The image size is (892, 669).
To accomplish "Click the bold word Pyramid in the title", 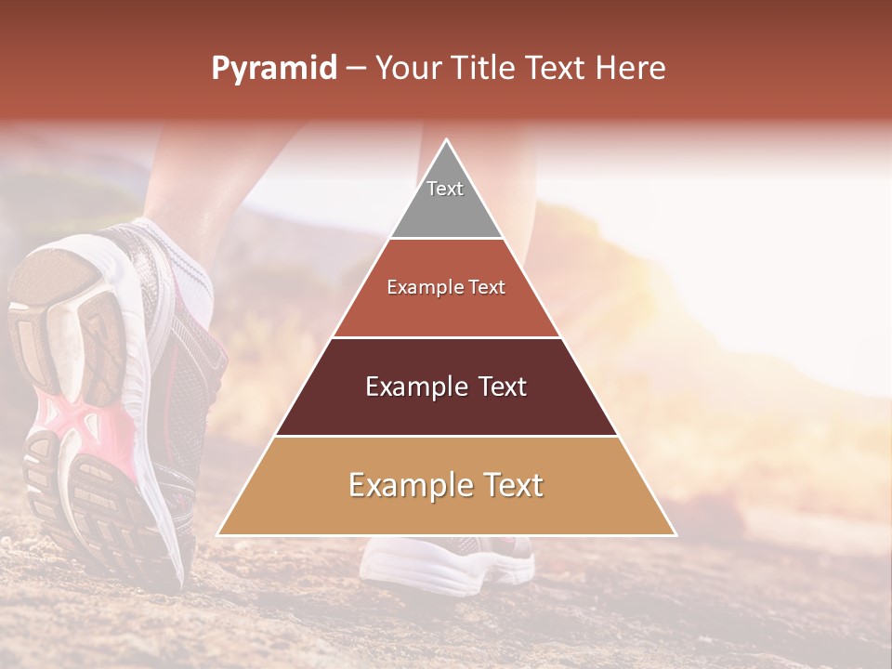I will (274, 69).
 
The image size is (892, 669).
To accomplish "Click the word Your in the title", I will (408, 69).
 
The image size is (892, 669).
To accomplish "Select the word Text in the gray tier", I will (445, 189).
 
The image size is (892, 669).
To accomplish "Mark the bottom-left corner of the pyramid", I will (218, 534).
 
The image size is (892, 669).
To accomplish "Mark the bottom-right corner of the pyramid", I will (676, 534).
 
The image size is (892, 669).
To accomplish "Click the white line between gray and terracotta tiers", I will (446, 238).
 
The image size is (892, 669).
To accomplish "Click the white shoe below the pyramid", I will (446, 562).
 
